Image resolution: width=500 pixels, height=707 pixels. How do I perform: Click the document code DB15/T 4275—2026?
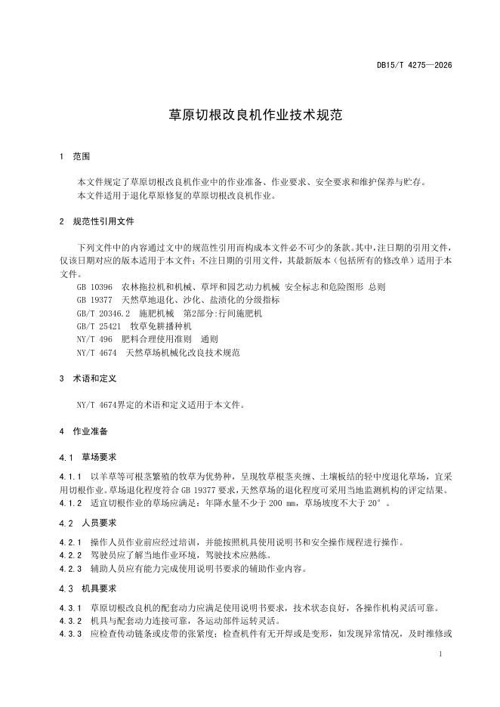pos(414,66)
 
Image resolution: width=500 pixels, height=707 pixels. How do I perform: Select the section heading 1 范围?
pos(74,156)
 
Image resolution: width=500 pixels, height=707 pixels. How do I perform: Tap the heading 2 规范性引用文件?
pos(96,223)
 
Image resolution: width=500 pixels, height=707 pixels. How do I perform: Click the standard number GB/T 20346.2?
pos(103,313)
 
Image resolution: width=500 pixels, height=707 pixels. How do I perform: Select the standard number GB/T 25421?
pos(98,326)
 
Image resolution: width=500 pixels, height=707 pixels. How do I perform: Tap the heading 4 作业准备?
pos(83,432)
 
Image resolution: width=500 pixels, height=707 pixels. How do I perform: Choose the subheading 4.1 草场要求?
pos(88,458)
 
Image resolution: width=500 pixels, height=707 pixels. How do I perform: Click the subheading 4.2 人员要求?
pos(88,523)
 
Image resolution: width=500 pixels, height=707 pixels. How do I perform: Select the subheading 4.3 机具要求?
pos(88,588)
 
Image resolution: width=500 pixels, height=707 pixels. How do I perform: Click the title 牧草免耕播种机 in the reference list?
pos(161,326)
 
